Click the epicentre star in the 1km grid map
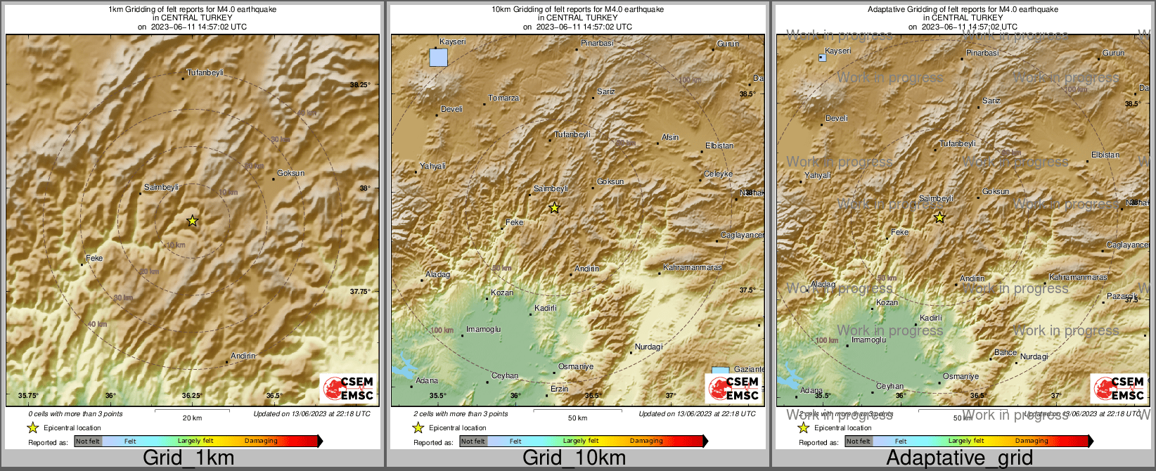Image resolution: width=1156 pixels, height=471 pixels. point(193,221)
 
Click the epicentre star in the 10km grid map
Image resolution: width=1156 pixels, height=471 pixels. point(554,207)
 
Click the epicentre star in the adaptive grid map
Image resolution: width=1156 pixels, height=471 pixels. point(939,217)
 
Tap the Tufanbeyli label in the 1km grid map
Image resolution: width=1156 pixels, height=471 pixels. point(205,72)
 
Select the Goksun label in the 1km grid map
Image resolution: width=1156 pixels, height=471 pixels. point(290,173)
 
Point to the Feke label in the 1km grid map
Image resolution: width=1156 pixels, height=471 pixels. point(94,258)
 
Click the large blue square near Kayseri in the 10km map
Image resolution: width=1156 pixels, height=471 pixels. point(438,57)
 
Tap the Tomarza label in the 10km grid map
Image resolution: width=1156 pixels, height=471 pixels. point(503,98)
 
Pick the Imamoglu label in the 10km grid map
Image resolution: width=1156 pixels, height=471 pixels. point(483,329)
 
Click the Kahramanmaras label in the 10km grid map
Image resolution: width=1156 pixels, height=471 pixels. point(693,267)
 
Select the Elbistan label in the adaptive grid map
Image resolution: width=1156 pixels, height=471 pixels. point(1105,155)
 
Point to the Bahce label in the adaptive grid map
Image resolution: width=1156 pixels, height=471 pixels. point(1006,352)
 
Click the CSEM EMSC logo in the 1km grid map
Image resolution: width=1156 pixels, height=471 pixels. point(348,389)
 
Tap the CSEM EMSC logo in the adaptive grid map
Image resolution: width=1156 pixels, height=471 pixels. point(1119,389)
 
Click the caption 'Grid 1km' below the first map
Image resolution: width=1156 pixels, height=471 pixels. point(188,458)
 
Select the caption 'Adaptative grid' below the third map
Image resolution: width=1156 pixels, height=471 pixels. point(959,458)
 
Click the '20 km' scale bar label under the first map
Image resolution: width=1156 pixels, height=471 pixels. point(192,418)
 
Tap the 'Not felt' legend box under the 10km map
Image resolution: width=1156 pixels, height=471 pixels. point(473,441)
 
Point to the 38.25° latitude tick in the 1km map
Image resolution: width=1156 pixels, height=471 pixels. point(359,84)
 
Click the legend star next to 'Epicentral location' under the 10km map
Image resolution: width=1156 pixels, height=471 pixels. point(418,427)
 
